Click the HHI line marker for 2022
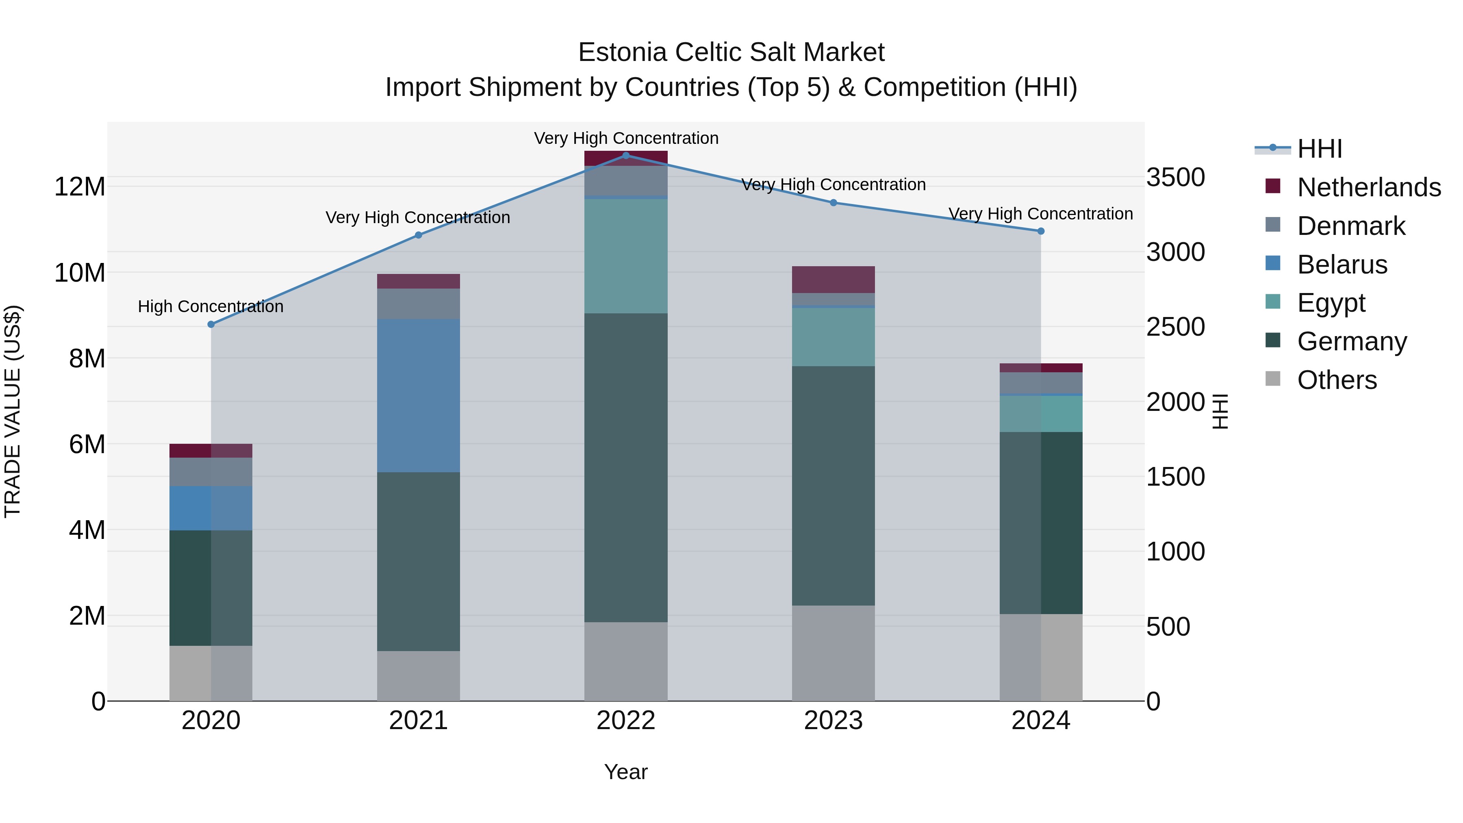626,155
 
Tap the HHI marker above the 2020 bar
211,324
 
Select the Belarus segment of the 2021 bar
418,395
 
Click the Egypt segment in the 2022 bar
626,256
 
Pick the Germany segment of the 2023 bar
833,486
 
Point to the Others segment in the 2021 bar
418,676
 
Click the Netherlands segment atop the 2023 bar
833,280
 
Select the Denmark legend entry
1350,226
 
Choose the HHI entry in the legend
1319,149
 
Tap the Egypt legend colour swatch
1273,302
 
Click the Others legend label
1337,380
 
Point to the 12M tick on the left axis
80,187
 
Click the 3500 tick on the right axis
1175,177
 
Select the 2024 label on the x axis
1040,721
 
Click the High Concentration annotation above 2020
211,307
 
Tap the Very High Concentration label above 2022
626,138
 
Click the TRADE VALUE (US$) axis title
13,411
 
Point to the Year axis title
625,772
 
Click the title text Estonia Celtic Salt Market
731,52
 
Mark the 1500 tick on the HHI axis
1175,477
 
